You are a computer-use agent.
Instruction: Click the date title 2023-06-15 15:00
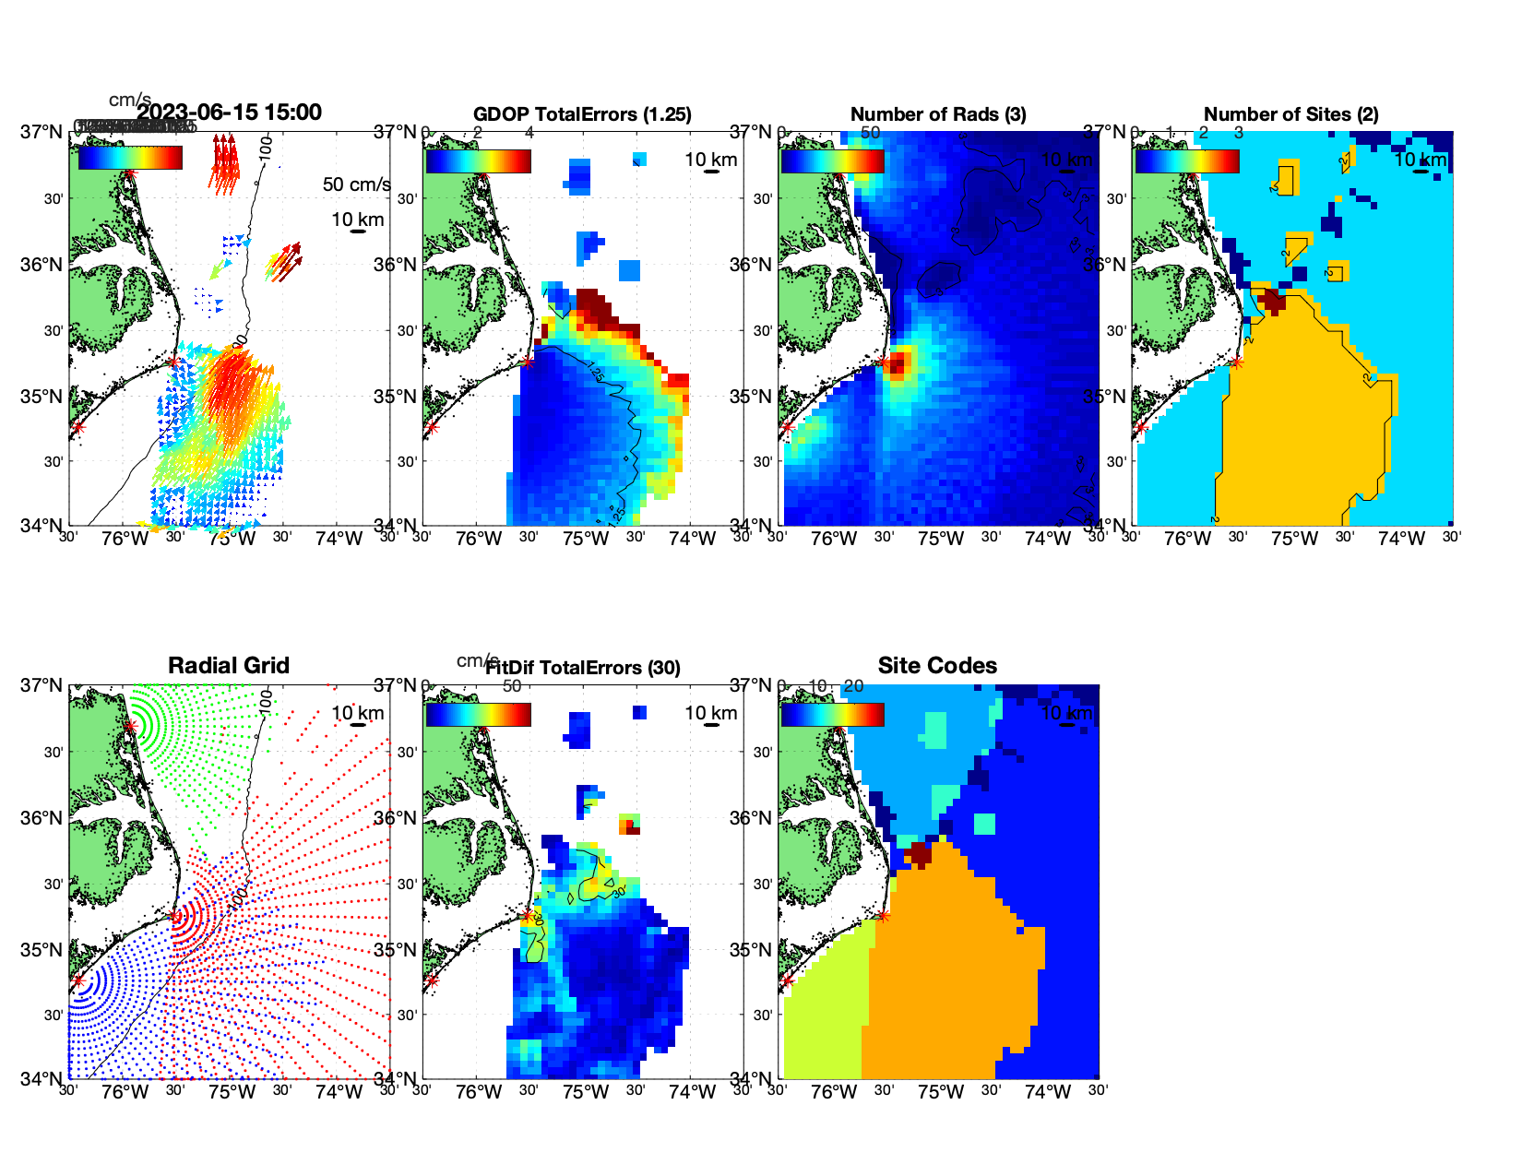(x=229, y=113)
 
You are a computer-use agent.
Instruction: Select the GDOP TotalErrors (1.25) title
(x=582, y=114)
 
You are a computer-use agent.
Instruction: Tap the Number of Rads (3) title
(x=937, y=114)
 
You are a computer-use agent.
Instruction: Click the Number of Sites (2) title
(x=1290, y=114)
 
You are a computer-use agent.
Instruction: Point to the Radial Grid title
(x=229, y=666)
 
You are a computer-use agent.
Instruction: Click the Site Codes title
(x=937, y=666)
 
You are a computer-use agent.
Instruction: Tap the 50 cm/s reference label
(x=356, y=184)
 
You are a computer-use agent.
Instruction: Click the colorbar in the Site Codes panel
(x=832, y=715)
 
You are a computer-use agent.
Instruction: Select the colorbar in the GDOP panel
(x=478, y=161)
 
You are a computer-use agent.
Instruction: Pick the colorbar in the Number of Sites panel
(x=1186, y=161)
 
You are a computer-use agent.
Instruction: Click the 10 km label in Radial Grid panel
(x=357, y=713)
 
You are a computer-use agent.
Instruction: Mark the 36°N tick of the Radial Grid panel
(x=42, y=818)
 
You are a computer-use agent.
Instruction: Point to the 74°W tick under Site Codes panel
(x=1048, y=1092)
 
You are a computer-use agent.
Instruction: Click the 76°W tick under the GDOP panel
(x=479, y=539)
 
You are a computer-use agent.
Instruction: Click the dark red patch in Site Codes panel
(x=919, y=852)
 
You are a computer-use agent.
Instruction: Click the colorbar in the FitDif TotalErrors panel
(x=478, y=715)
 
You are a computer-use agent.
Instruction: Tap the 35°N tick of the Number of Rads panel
(x=752, y=397)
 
